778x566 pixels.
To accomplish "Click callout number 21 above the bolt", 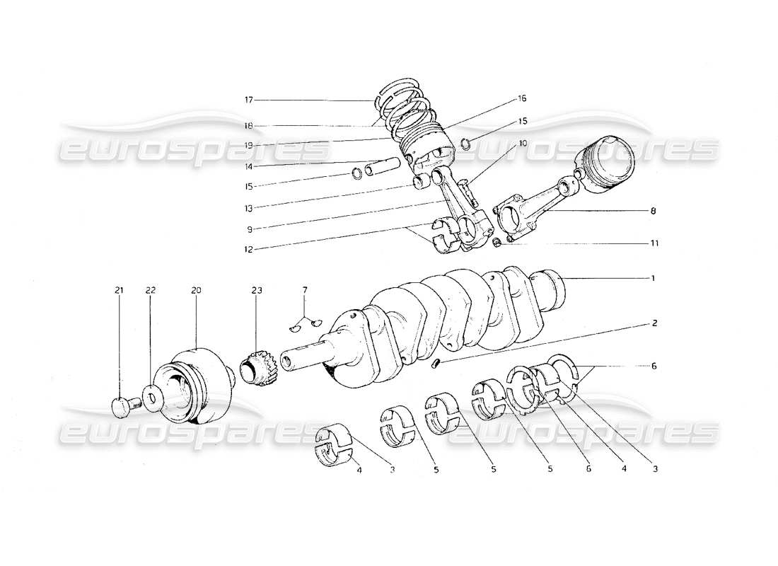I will click(x=119, y=290).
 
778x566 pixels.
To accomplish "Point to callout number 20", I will click(x=195, y=290).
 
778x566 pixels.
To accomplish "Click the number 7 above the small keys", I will click(x=305, y=290).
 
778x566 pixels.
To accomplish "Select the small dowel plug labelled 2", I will click(x=437, y=364).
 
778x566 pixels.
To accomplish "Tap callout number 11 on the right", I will click(x=654, y=243).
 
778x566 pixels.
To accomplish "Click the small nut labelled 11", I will click(x=497, y=244).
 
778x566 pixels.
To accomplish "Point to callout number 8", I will click(x=654, y=210).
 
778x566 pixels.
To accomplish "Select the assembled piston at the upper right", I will click(x=608, y=161).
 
